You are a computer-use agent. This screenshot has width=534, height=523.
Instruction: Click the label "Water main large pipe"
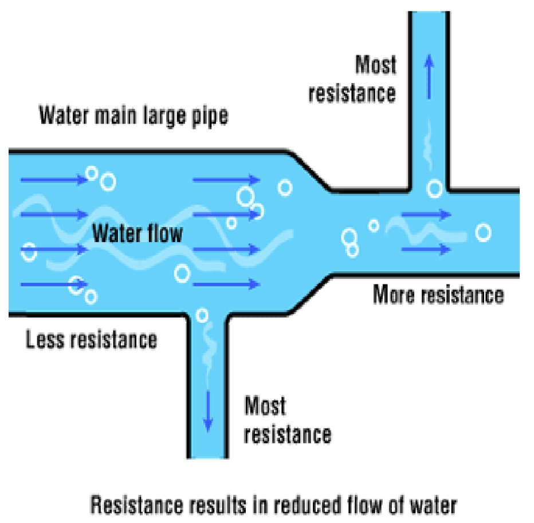tap(133, 116)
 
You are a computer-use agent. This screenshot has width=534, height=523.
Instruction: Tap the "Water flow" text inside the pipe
tap(138, 233)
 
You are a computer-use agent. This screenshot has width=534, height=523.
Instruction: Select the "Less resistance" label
tap(92, 339)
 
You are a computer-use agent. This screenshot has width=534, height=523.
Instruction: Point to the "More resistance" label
tap(438, 295)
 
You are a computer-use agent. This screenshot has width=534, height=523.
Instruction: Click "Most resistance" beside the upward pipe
tap(352, 78)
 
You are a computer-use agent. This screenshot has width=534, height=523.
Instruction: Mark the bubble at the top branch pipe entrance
tap(435, 188)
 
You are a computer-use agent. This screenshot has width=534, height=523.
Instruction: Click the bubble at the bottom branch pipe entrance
tap(202, 315)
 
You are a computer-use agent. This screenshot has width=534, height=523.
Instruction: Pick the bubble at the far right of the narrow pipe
tap(483, 233)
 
